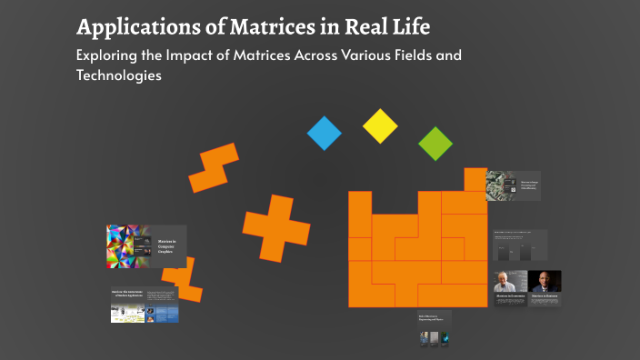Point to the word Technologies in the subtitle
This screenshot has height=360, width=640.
tap(119, 75)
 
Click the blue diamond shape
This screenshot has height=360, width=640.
tap(324, 133)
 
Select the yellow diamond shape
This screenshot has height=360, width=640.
tap(380, 125)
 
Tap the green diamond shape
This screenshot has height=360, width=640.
tap(435, 144)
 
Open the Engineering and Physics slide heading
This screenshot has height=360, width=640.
tap(432, 319)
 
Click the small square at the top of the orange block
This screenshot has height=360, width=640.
tap(475, 179)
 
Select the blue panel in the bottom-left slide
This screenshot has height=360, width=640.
tap(166, 315)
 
